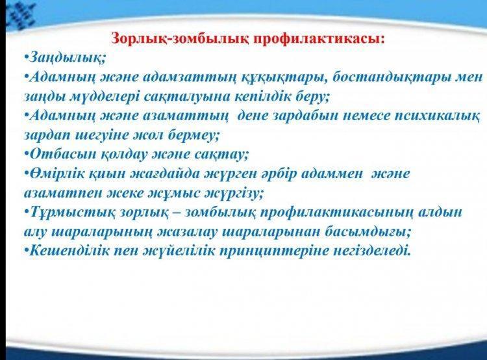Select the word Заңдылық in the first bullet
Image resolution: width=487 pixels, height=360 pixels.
coord(66,58)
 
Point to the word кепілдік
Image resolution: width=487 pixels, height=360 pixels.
coord(262,97)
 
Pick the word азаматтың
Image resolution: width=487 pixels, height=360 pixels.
coord(186,116)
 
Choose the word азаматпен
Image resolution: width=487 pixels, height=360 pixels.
coord(62,193)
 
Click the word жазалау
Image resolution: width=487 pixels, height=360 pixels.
coord(187,231)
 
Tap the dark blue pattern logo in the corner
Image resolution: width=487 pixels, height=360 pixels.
coord(21,15)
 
